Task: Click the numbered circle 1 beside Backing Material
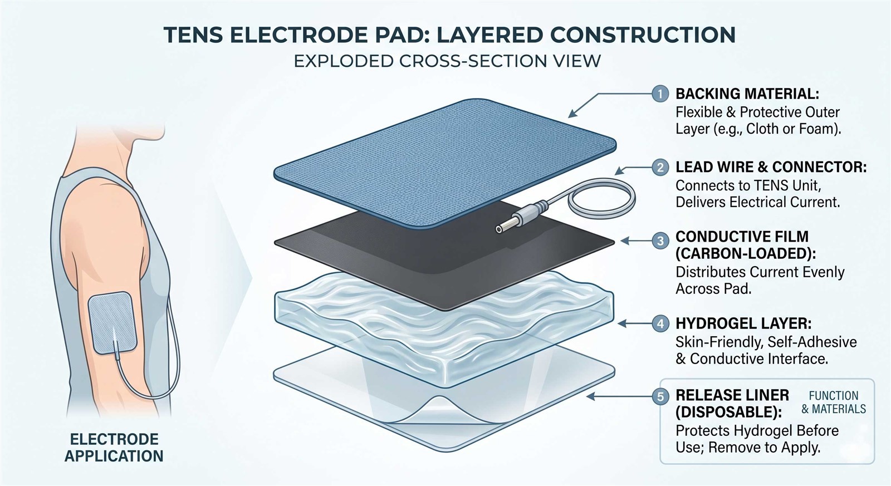tap(660, 94)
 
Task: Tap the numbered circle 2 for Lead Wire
tap(660, 168)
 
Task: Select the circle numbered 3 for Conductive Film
tap(660, 240)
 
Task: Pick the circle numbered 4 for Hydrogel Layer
tap(660, 324)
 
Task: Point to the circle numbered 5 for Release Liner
tap(660, 396)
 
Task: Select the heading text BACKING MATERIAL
tap(747, 94)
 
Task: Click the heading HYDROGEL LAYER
tap(743, 324)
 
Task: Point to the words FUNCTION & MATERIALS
tap(833, 402)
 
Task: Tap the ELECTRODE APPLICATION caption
tap(114, 448)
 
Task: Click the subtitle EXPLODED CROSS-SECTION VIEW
tap(447, 61)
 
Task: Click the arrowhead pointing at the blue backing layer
tap(572, 114)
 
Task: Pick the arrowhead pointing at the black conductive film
tap(624, 240)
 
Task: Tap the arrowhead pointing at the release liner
tap(590, 396)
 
